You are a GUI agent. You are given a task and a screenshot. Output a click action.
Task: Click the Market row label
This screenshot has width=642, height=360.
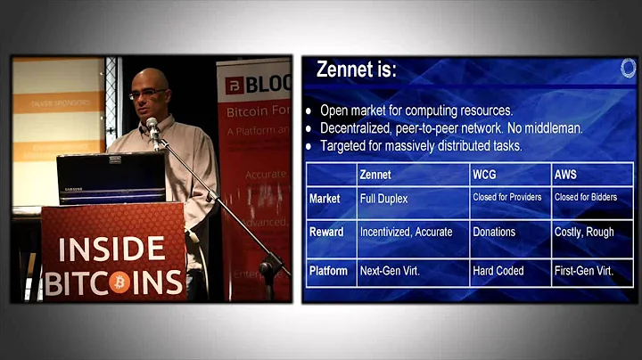(x=325, y=199)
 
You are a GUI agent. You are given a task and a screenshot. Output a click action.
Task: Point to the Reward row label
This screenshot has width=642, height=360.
(x=326, y=232)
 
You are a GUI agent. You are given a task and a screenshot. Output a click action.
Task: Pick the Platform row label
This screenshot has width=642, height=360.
(x=329, y=269)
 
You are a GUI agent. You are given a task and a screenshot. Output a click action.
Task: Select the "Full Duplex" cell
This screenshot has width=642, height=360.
(x=384, y=199)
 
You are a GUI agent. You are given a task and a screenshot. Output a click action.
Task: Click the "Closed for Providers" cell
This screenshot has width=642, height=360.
(x=508, y=198)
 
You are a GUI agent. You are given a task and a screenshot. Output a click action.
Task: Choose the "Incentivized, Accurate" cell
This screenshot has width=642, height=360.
(x=406, y=232)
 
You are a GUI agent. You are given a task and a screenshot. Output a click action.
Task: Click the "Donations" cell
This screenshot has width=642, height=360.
(x=495, y=232)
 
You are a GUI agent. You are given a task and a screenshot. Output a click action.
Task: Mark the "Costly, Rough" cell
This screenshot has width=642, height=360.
(x=584, y=232)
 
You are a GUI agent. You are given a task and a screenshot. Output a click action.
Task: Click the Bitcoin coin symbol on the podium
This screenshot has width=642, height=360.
(x=121, y=282)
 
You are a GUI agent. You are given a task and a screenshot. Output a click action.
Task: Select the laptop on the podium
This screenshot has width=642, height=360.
(x=111, y=178)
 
